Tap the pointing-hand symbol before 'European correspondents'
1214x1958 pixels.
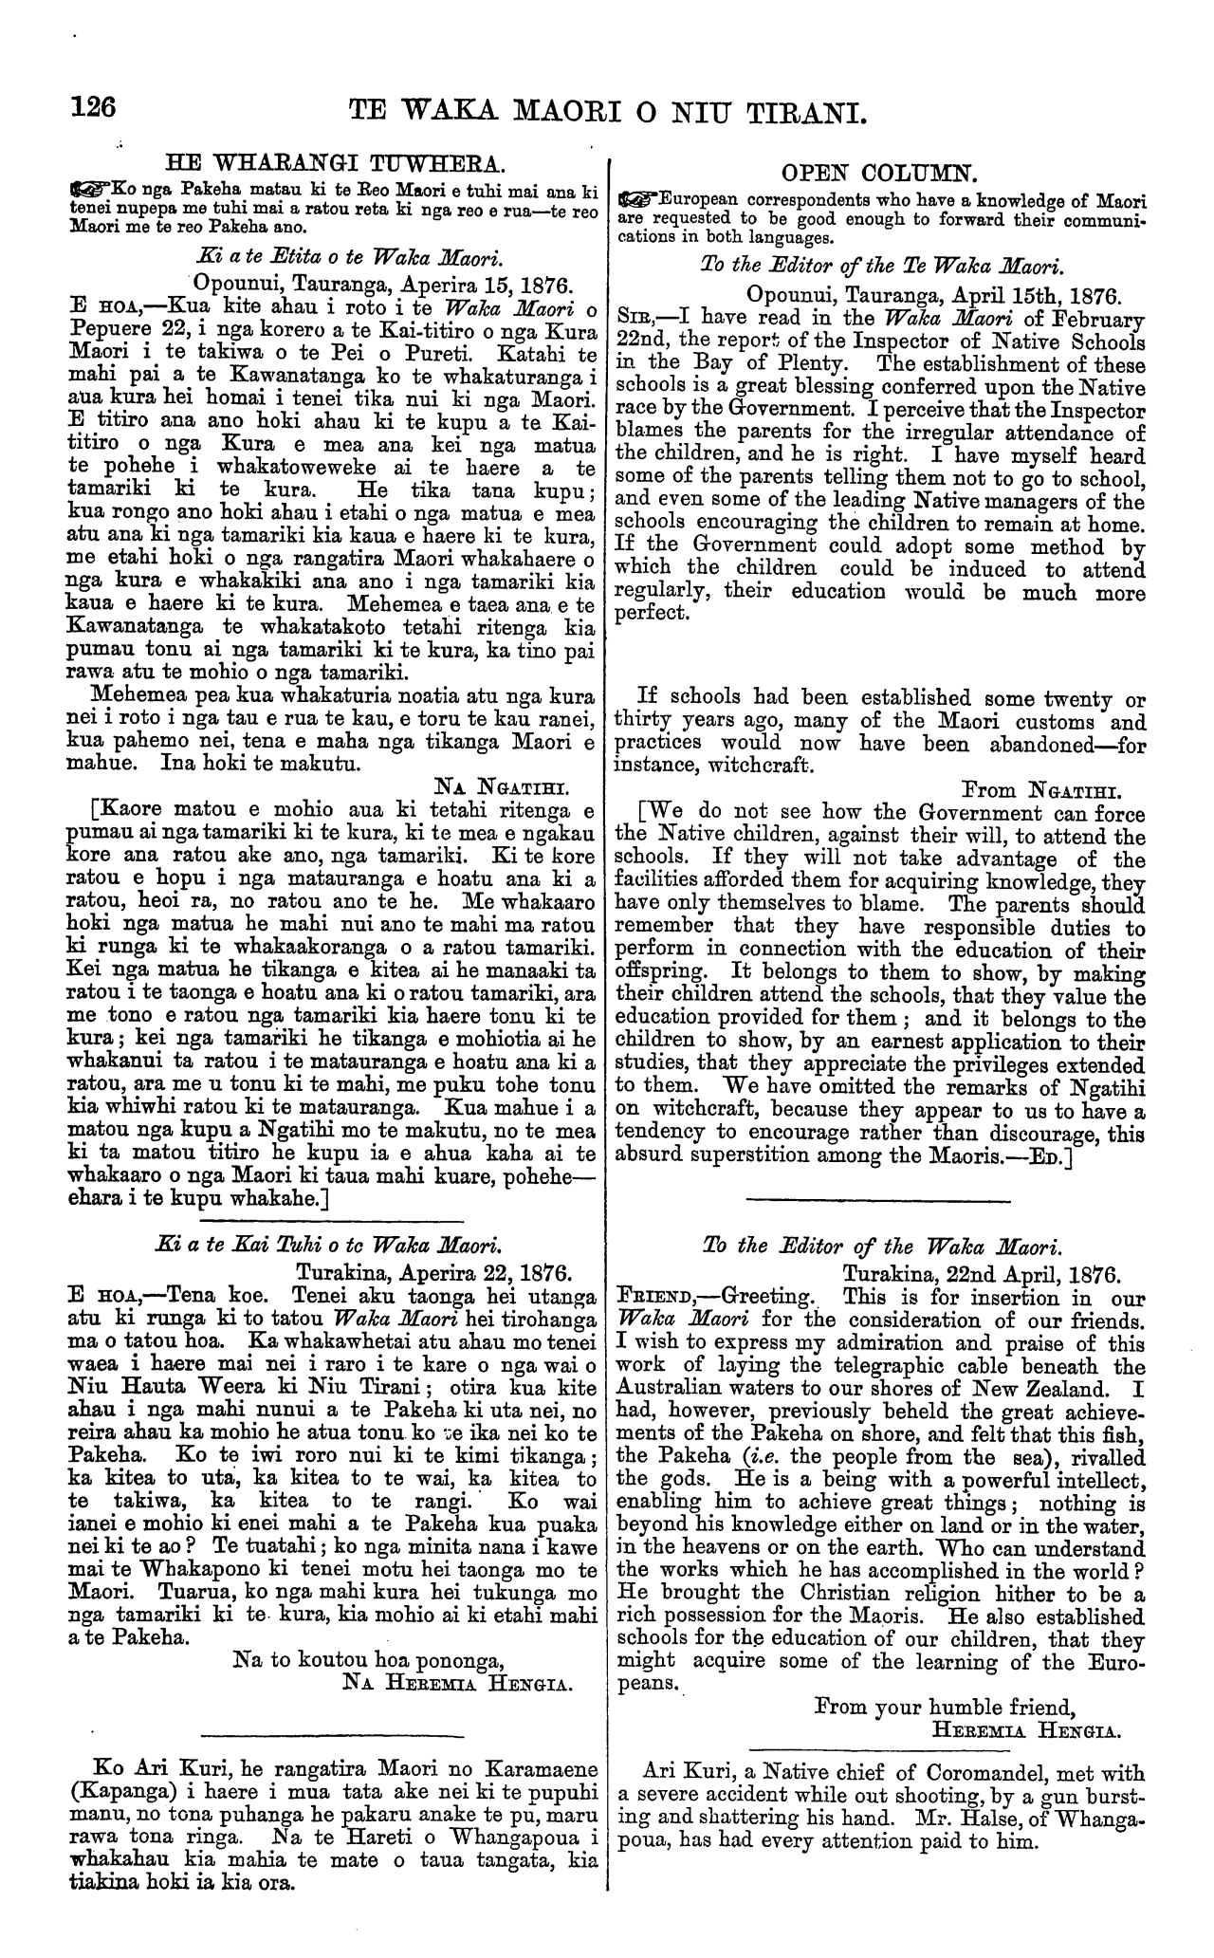(635, 200)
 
